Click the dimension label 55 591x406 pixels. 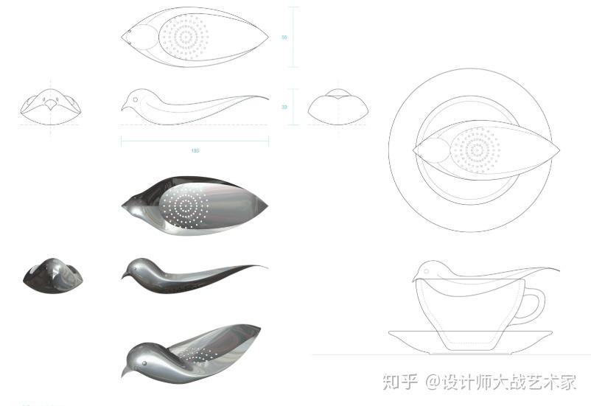tap(284, 37)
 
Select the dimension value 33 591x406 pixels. tap(284, 107)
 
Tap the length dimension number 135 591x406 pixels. tap(195, 150)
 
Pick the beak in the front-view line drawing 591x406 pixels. tap(49, 104)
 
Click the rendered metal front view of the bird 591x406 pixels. tap(52, 274)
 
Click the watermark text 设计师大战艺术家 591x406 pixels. tap(508, 382)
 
